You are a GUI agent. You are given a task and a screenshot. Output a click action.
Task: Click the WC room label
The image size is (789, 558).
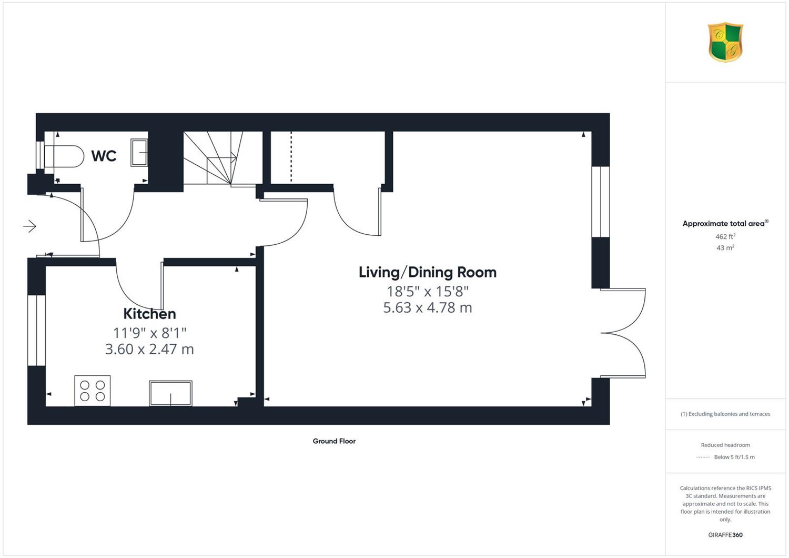104,156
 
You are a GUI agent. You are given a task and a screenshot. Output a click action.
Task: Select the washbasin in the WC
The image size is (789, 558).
139,152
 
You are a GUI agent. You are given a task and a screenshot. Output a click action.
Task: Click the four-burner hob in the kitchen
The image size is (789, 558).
92,391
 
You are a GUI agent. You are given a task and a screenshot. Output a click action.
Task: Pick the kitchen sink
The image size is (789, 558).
170,393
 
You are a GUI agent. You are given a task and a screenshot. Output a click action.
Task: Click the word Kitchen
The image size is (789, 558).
150,314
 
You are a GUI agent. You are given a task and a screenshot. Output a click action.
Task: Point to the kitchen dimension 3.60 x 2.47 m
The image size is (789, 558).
150,349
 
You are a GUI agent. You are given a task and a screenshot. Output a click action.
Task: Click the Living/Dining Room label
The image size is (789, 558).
428,273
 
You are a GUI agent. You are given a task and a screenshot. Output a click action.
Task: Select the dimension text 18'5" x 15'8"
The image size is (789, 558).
428,292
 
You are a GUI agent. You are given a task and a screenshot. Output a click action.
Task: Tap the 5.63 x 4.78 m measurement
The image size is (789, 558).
428,308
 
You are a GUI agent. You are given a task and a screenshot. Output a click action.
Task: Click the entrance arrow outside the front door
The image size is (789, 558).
29,226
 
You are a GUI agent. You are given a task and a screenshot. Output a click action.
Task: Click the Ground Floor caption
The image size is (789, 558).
334,441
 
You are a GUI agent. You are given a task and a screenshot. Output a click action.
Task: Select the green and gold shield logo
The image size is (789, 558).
725,42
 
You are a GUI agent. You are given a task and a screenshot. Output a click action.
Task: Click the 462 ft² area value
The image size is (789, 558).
725,236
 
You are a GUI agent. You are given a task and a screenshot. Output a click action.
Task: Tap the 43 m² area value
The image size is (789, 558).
725,248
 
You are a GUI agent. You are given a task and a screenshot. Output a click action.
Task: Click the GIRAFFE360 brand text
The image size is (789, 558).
725,535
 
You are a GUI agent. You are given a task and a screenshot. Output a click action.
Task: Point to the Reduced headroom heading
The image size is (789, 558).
725,445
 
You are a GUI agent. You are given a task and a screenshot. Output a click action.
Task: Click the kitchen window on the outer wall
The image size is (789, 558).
37,330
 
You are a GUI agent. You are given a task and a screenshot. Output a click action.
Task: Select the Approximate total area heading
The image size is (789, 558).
725,224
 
